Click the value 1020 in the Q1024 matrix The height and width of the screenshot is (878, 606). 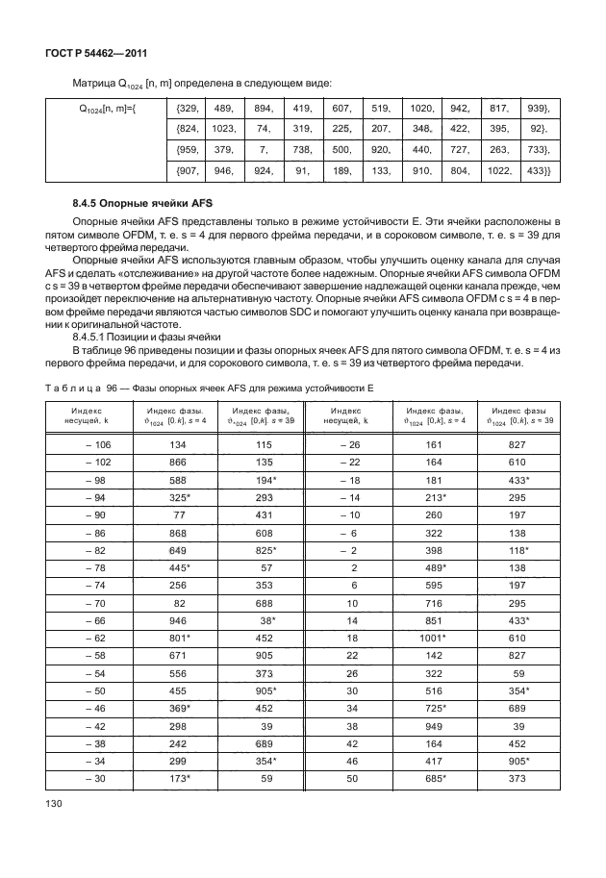[x=422, y=109]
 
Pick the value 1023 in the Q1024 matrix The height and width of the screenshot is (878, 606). [x=223, y=129]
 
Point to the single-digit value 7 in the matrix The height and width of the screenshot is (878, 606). [x=263, y=150]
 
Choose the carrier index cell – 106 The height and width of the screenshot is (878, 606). [x=96, y=444]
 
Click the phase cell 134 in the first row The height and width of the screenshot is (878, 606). [x=178, y=444]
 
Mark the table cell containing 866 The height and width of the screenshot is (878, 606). [x=178, y=461]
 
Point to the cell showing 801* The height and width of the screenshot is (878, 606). [x=178, y=637]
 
